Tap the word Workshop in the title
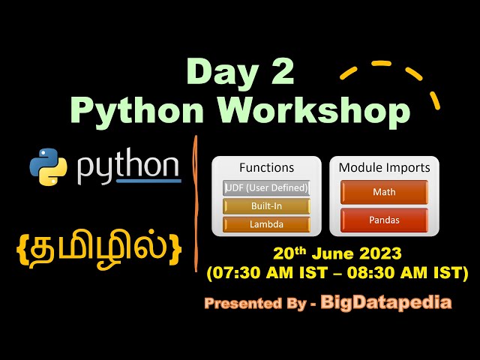point(319,110)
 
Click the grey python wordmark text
point(128,168)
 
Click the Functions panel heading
point(266,167)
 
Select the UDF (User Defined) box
point(266,187)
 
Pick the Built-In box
point(266,206)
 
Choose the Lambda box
point(266,224)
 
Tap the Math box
point(384,192)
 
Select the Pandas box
point(384,220)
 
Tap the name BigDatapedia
point(386,302)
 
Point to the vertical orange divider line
point(196,195)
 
